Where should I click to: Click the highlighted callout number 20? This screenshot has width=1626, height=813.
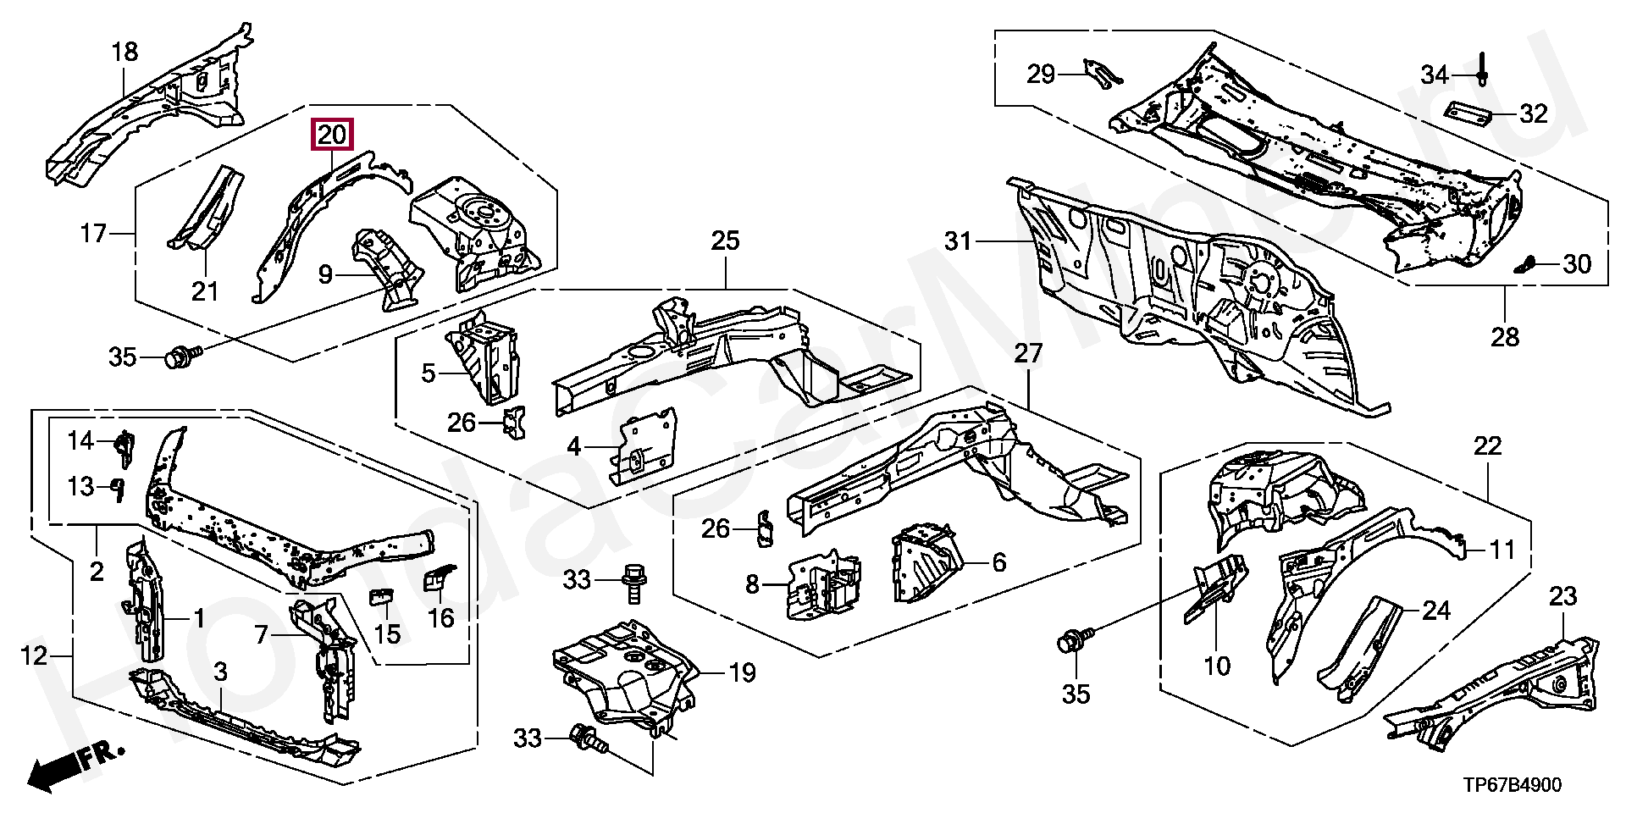(x=333, y=135)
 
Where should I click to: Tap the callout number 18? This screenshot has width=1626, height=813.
(x=124, y=52)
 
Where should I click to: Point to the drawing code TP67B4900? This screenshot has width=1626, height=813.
(x=1514, y=785)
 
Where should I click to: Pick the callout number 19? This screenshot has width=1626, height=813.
(x=742, y=673)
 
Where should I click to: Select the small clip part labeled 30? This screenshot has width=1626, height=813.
(x=1525, y=265)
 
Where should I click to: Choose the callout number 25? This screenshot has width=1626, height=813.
(x=725, y=241)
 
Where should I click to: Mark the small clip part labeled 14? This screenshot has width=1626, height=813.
(x=124, y=448)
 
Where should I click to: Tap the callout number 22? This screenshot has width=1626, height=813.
(x=1487, y=445)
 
